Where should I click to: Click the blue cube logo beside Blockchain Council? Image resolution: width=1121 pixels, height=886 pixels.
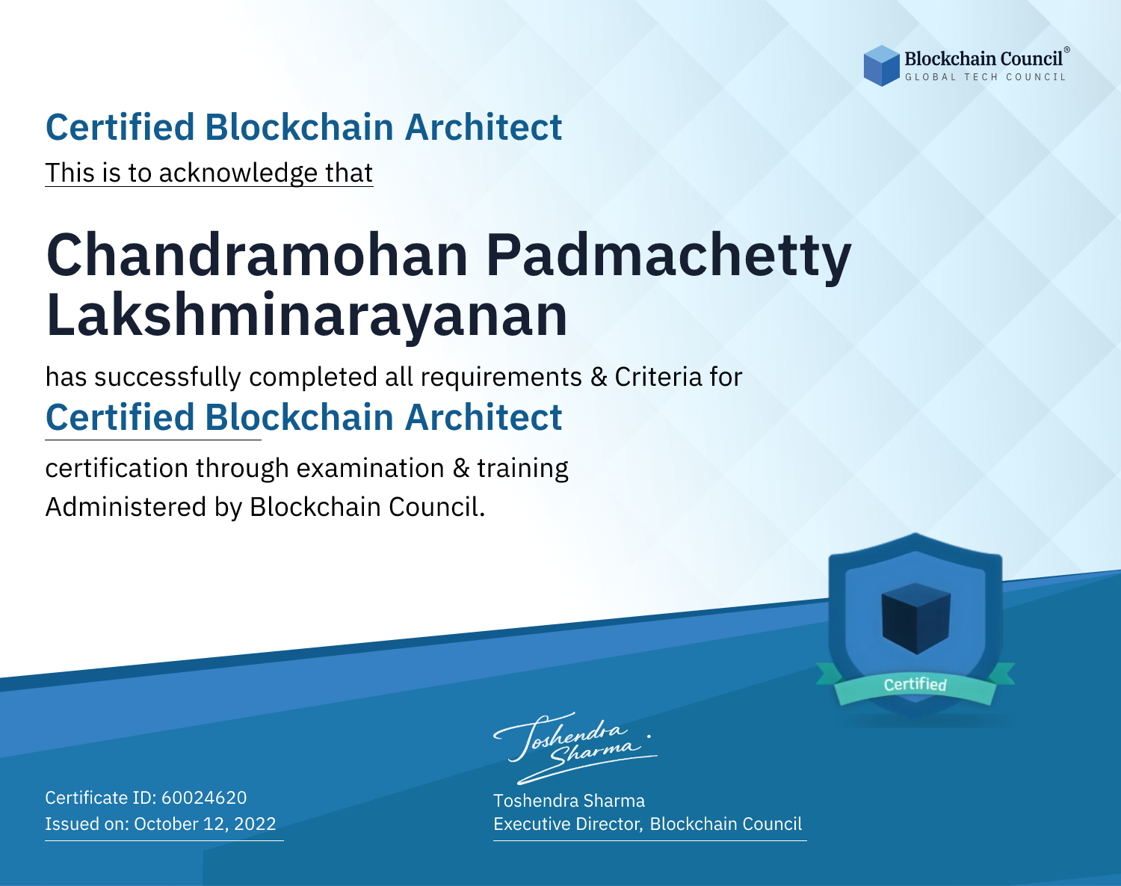pos(881,65)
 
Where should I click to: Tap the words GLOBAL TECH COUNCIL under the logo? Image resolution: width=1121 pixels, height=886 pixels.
pos(985,77)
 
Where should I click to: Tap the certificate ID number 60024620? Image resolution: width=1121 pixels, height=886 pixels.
pos(204,797)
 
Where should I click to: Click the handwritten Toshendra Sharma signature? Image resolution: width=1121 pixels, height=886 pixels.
pos(575,748)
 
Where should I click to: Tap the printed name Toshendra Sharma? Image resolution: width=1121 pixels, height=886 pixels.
pos(569,801)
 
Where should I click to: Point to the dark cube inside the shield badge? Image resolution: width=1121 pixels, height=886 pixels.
pos(915,618)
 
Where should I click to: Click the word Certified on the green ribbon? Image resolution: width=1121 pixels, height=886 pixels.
pos(915,684)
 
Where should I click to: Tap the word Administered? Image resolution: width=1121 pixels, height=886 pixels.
pos(126,507)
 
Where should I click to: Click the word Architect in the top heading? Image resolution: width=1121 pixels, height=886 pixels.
pos(484,127)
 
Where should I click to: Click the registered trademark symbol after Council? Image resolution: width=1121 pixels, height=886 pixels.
pos(1067,50)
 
